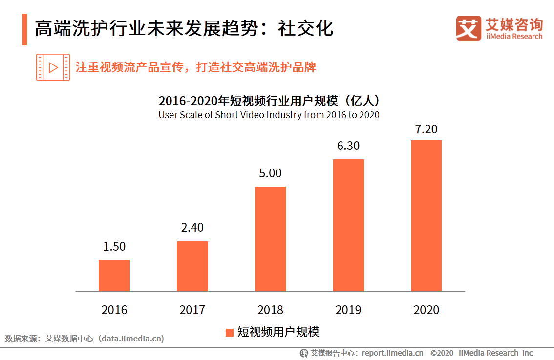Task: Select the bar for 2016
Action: (x=114, y=275)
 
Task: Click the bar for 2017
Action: (x=192, y=266)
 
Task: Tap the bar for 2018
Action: (x=270, y=239)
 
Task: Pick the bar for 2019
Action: (x=348, y=225)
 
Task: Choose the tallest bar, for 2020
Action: (x=426, y=215)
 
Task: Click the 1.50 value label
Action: (x=114, y=247)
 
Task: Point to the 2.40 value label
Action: (x=192, y=228)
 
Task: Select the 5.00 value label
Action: (x=270, y=173)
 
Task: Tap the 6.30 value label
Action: (x=348, y=146)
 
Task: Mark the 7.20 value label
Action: (x=426, y=129)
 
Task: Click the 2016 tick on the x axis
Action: (x=114, y=310)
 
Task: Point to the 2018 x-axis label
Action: (x=270, y=310)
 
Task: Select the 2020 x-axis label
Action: (x=426, y=310)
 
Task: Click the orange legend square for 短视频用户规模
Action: (x=229, y=333)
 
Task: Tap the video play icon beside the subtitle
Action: (x=53, y=67)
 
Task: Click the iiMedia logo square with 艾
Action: (x=469, y=28)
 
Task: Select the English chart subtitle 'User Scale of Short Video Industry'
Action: (x=269, y=115)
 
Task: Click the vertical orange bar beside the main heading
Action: (x=24, y=29)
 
